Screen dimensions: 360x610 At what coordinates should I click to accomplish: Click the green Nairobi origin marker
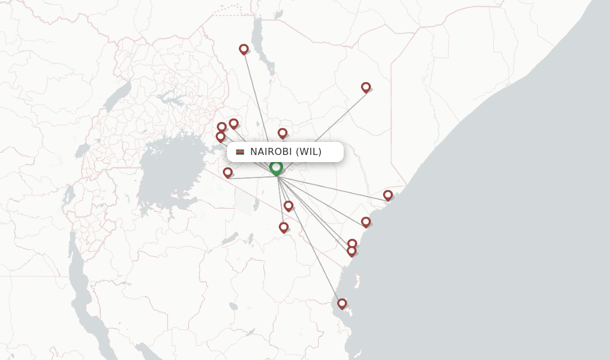[x=276, y=167]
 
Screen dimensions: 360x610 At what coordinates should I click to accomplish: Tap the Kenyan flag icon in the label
[x=240, y=152]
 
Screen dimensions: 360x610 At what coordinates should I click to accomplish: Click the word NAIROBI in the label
[x=271, y=152]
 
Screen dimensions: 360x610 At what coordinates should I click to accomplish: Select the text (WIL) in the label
[x=309, y=152]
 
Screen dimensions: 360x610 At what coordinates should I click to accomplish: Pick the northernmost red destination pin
[x=244, y=49]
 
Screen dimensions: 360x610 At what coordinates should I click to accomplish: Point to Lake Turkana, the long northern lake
[x=260, y=42]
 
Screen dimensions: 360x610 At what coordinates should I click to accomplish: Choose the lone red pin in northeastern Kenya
[x=366, y=87]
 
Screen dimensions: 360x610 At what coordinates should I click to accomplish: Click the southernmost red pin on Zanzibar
[x=342, y=303]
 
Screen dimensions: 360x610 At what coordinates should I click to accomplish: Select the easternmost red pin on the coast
[x=388, y=195]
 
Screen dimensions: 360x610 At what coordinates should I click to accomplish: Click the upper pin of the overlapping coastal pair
[x=352, y=243]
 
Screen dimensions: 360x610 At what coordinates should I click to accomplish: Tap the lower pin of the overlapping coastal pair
[x=351, y=252]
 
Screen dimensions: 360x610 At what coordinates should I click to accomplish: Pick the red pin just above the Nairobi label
[x=282, y=133]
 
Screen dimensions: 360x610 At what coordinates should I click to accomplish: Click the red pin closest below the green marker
[x=288, y=206]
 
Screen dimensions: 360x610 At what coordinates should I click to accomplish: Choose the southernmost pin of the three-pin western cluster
[x=220, y=137]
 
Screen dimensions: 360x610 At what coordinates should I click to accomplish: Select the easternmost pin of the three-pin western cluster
[x=234, y=123]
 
